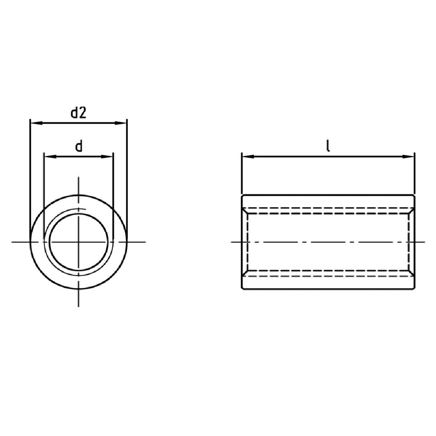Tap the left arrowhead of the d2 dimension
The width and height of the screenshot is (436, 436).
pos(36,123)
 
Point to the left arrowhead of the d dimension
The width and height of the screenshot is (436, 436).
pos(50,157)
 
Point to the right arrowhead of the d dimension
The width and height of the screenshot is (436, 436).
pos(107,157)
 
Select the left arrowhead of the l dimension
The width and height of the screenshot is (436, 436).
pos(248,157)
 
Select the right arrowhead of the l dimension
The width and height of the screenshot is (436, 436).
pos(408,157)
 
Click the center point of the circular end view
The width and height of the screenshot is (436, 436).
pos(78,242)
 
